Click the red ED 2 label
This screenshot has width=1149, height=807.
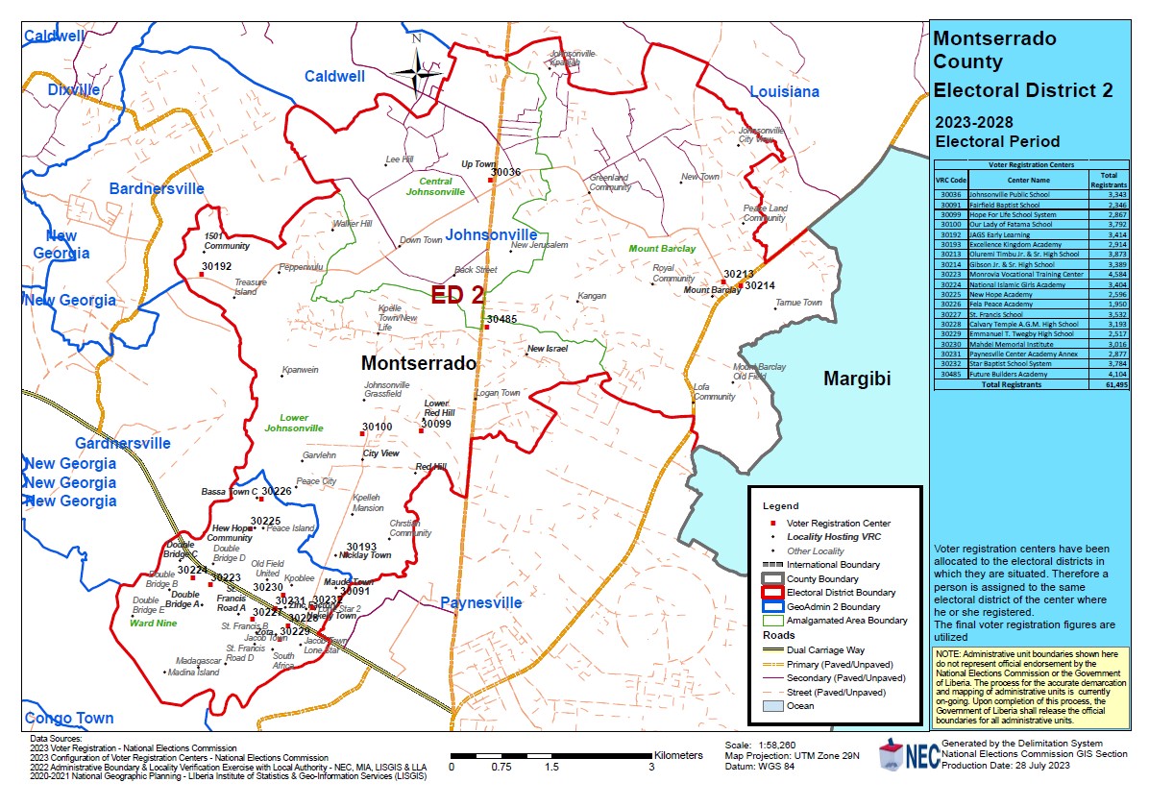click(457, 295)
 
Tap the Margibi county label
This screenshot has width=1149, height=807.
click(857, 379)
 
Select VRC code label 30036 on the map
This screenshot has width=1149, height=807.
click(504, 172)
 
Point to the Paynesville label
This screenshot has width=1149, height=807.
click(480, 603)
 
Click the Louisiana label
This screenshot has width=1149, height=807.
click(784, 92)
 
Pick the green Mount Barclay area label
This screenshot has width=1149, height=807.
click(662, 249)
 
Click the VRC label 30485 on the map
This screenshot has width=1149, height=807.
click(501, 319)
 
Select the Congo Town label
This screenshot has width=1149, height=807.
click(69, 718)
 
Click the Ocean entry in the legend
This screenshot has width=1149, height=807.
click(800, 705)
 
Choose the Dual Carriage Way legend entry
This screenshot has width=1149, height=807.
click(823, 650)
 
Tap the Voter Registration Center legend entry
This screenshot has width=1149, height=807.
click(835, 522)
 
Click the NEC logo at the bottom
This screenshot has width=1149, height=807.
click(905, 755)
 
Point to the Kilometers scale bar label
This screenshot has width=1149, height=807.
click(678, 755)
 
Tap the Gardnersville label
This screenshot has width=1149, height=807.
click(123, 443)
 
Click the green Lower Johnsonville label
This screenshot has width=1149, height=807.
click(294, 423)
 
